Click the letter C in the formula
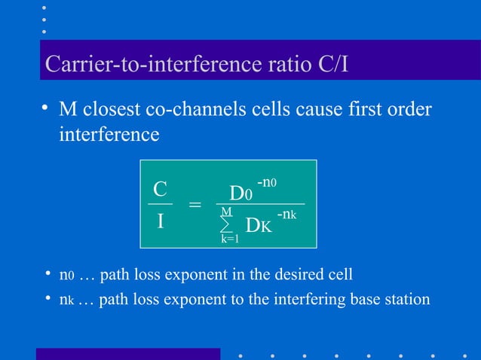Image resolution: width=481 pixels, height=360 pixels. pos(160,188)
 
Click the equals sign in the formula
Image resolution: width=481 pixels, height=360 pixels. pos(195,205)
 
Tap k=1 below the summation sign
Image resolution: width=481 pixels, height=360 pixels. pos(229,239)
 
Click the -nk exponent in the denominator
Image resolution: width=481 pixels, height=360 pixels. pos(286,215)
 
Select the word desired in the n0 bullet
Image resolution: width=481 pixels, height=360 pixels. pos(298,273)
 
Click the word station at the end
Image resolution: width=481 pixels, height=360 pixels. pos(406,299)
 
